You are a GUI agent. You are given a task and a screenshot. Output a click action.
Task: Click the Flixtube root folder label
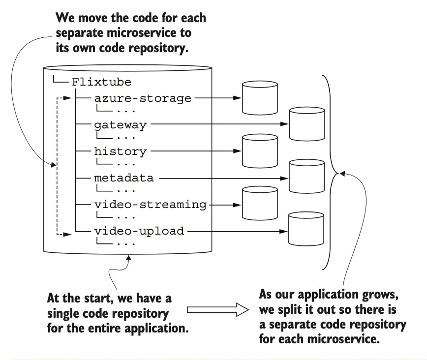[101, 82]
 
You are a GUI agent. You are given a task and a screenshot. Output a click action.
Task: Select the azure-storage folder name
[143, 98]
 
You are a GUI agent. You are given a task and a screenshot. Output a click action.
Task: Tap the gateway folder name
[120, 124]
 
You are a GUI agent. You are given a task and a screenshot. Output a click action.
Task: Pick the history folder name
[120, 151]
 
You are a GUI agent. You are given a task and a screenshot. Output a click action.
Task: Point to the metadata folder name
[123, 178]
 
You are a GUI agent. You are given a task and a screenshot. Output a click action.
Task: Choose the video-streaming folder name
[150, 204]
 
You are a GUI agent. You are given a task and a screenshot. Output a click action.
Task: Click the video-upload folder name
[139, 230]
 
